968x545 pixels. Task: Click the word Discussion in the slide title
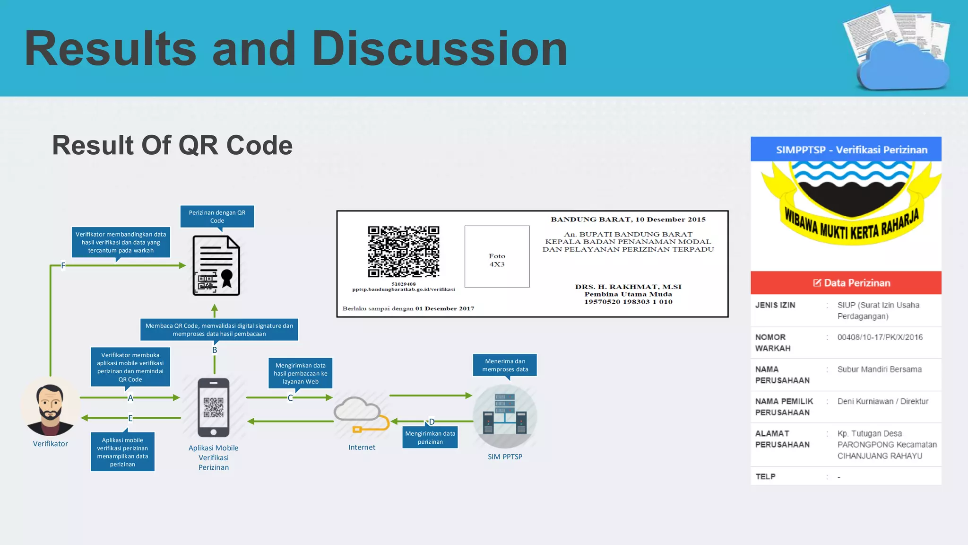pyautogui.click(x=440, y=49)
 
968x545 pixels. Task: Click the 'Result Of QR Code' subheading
pyautogui.click(x=172, y=145)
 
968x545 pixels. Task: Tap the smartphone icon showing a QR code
pyautogui.click(x=214, y=407)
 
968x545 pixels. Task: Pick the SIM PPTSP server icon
pyautogui.click(x=505, y=416)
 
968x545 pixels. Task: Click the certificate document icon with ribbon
pyautogui.click(x=216, y=266)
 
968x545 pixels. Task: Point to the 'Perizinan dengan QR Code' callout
pyautogui.click(x=217, y=217)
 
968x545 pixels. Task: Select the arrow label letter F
pyautogui.click(x=63, y=266)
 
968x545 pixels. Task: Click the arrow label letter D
pyautogui.click(x=432, y=422)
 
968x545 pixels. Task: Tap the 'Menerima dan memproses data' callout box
pyautogui.click(x=505, y=365)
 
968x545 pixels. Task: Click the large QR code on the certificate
pyautogui.click(x=404, y=252)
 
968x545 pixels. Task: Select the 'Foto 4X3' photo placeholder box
pyautogui.click(x=497, y=256)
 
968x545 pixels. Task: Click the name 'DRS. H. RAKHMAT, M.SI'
pyautogui.click(x=628, y=287)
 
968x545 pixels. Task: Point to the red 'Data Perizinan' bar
pyautogui.click(x=846, y=283)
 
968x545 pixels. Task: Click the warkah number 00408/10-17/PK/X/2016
pyautogui.click(x=880, y=337)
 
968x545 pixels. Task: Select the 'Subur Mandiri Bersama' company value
pyautogui.click(x=879, y=369)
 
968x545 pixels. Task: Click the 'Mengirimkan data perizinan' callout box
pyautogui.click(x=430, y=438)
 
